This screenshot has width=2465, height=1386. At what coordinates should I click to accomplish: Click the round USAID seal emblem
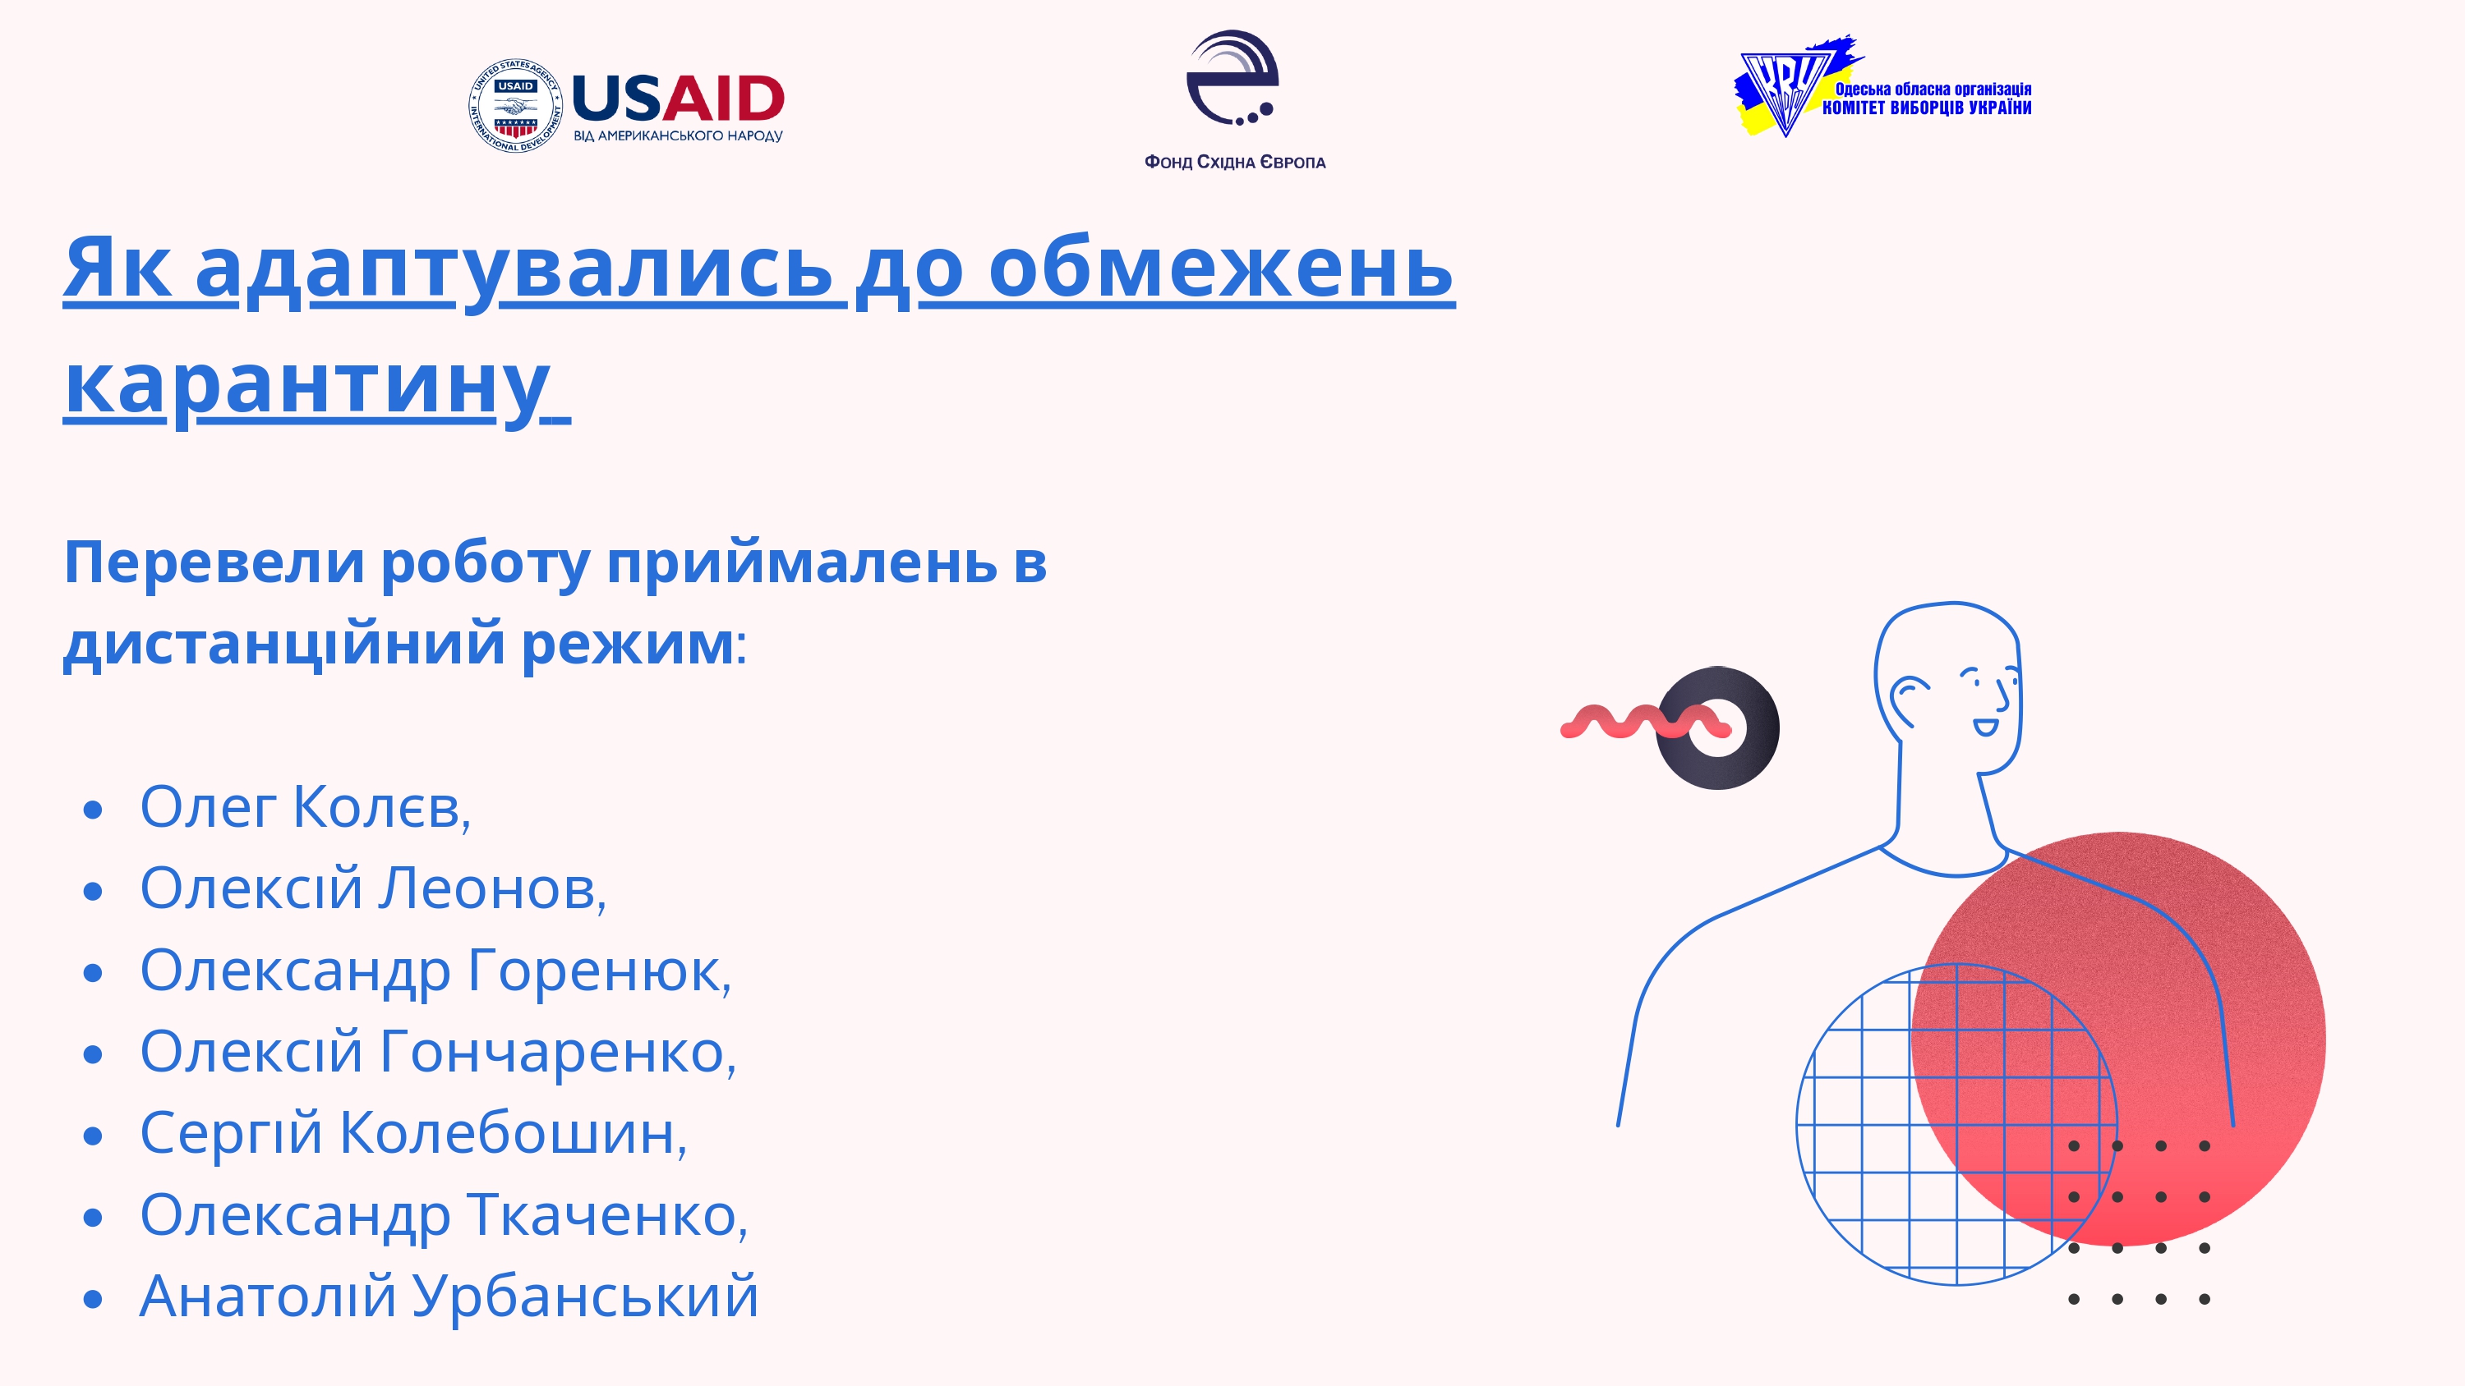515,106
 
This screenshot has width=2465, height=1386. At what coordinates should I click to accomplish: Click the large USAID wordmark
678,99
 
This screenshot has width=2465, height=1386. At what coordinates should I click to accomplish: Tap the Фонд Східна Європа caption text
1234,163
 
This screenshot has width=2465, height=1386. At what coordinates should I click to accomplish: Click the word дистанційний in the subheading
283,643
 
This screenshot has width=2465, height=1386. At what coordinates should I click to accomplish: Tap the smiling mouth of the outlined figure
1986,727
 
